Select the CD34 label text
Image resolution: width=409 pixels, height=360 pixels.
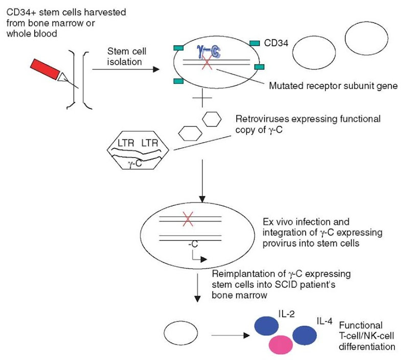(x=278, y=44)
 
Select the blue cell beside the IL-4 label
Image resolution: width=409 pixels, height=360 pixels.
(x=307, y=337)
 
